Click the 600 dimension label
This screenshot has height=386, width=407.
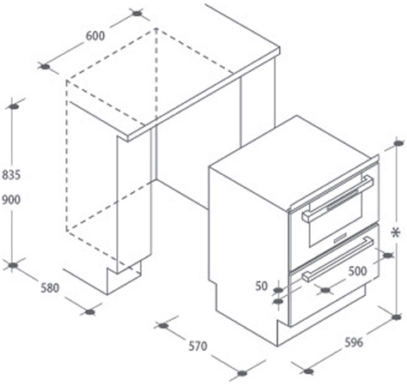(95, 36)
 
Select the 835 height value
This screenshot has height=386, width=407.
(11, 175)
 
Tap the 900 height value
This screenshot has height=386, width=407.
(11, 200)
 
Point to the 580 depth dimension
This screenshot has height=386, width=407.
(50, 288)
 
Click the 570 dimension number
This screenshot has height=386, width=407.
(197, 347)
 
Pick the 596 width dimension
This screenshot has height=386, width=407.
(354, 342)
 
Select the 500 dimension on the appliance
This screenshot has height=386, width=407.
(357, 271)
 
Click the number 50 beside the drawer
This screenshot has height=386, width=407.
(261, 286)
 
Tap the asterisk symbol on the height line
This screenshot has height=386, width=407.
(396, 233)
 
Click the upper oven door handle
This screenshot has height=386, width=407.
(337, 199)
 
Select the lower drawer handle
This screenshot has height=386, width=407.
(337, 260)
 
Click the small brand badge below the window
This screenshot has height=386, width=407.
(340, 238)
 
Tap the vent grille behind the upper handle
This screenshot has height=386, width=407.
(343, 200)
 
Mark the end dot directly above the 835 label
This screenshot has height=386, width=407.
(14, 106)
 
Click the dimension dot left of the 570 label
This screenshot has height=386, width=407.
(163, 325)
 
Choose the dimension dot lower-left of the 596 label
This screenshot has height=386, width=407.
(308, 371)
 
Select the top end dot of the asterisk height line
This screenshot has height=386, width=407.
(398, 143)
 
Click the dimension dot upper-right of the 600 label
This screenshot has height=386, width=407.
(137, 13)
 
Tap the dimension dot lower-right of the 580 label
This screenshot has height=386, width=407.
(90, 311)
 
